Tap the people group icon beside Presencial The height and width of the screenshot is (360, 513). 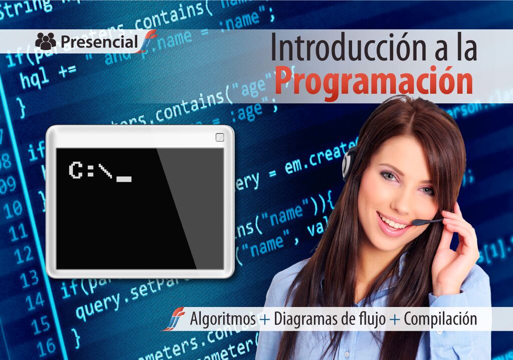pos(46,42)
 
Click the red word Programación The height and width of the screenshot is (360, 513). pos(373,81)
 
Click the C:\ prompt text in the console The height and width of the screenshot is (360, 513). pos(91,171)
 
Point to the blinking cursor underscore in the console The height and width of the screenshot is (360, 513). pos(124,179)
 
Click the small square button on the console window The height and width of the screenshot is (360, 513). pos(219,137)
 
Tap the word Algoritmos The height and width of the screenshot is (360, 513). pos(223,319)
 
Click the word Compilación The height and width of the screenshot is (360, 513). pos(440,319)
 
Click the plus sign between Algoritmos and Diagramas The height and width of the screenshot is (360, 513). pos(265,319)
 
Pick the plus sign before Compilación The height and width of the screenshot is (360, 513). pos(395,319)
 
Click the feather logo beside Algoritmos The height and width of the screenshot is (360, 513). pos(173,319)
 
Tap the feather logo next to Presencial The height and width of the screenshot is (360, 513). pos(147,42)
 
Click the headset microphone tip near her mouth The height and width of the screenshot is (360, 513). pos(415,222)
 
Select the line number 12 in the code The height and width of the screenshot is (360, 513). pos(24,256)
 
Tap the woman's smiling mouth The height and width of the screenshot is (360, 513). pos(393,222)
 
